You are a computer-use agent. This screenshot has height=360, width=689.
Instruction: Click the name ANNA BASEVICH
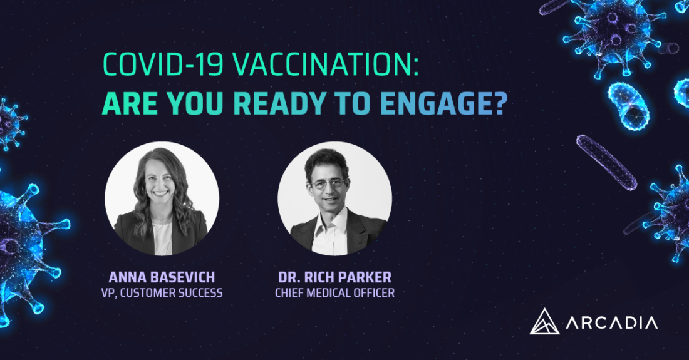pyautogui.click(x=162, y=277)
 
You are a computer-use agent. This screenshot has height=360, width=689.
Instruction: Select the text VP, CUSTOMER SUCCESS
pyautogui.click(x=162, y=293)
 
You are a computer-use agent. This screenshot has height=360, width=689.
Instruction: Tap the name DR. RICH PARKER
pyautogui.click(x=335, y=277)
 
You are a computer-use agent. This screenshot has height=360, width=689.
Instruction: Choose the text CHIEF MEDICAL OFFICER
pyautogui.click(x=335, y=293)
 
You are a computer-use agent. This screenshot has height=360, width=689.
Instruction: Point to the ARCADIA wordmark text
pyautogui.click(x=612, y=323)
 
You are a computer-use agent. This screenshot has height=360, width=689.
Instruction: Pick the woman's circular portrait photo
pyautogui.click(x=162, y=198)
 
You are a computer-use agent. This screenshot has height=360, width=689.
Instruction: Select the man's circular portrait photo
pyautogui.click(x=335, y=198)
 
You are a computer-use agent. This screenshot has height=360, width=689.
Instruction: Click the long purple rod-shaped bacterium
pyautogui.click(x=606, y=162)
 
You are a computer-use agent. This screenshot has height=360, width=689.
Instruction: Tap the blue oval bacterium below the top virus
pyautogui.click(x=628, y=106)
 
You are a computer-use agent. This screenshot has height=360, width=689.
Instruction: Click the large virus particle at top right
pyautogui.click(x=615, y=33)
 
